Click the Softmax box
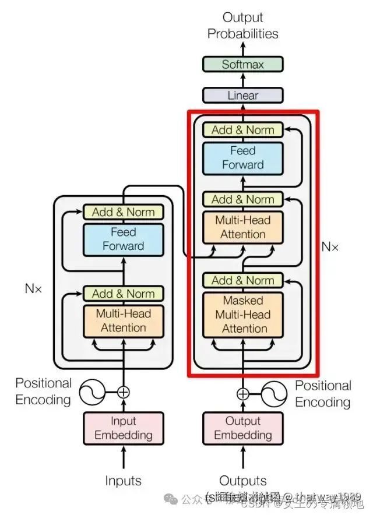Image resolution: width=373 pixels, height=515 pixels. pos(242,64)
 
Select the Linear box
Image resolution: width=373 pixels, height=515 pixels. pos(242,95)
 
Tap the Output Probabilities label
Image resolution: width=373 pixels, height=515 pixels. pos(242,26)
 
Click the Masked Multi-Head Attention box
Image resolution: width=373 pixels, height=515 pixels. pos(242,315)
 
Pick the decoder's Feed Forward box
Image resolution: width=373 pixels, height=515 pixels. pos(242,157)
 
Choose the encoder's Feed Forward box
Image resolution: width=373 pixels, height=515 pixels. pos(123,239)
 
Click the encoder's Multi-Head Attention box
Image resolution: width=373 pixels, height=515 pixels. pos(123,320)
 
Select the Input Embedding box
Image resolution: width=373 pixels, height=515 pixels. pos(123,428)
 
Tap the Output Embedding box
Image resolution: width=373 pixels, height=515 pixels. pos(242,428)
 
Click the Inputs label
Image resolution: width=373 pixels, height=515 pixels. pos(123,481)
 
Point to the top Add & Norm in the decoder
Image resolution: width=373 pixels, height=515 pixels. pos(242,129)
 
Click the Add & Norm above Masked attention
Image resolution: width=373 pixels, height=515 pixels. pos(242,280)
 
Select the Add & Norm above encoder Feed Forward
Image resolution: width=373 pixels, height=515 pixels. pos(123,212)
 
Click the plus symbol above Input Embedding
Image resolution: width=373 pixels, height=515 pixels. pos(123,391)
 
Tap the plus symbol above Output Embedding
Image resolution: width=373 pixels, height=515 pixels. pos(242,394)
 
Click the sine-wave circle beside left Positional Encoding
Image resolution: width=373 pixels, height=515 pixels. pos(92,391)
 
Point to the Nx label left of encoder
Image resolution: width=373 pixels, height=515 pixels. pos(33,288)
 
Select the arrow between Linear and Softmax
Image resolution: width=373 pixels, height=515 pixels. pos(242,80)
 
